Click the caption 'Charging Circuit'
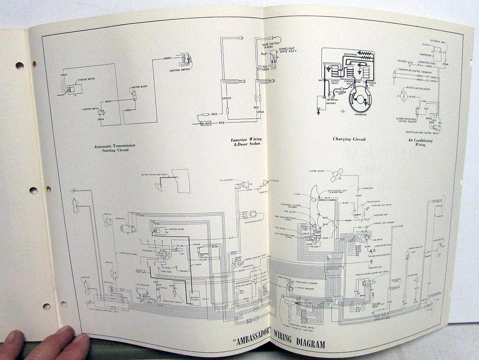click(x=349, y=139)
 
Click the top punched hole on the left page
click(x=20, y=65)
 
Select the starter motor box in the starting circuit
click(x=75, y=89)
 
